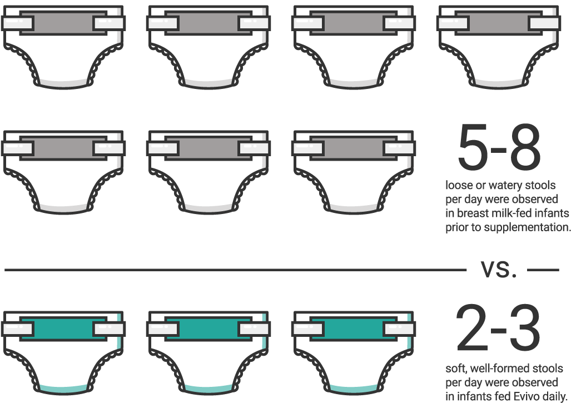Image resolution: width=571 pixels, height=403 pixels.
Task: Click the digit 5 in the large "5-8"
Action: pyautogui.click(x=473, y=147)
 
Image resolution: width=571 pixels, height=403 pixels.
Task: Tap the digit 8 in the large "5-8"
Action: pyautogui.click(x=525, y=147)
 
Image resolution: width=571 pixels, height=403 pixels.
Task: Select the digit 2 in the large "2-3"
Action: pyautogui.click(x=471, y=327)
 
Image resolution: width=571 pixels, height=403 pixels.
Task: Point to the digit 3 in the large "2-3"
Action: pyautogui.click(x=525, y=327)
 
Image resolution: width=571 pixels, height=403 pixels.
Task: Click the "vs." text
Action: pyautogui.click(x=499, y=269)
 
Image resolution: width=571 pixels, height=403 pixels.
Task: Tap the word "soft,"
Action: pyautogui.click(x=456, y=369)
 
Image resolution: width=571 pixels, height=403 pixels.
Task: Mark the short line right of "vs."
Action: pyautogui.click(x=543, y=270)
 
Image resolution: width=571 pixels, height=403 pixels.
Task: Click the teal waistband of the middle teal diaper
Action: pyautogui.click(x=208, y=329)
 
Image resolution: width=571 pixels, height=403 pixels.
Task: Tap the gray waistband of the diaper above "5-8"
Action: pyautogui.click(x=498, y=23)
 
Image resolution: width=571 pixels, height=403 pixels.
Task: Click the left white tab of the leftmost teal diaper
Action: pyautogui.click(x=18, y=329)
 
